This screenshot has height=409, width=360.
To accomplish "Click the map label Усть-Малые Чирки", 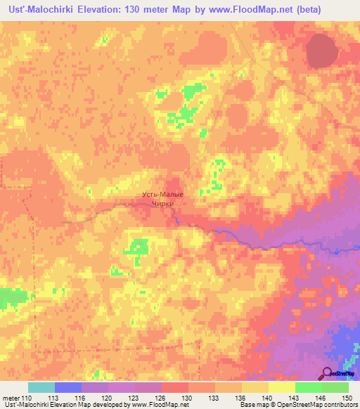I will (x=163, y=199).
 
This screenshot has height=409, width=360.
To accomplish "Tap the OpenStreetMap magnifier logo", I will (x=328, y=375).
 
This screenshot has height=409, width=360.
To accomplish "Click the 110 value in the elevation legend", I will (x=27, y=398).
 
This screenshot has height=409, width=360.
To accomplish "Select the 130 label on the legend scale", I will (x=188, y=398).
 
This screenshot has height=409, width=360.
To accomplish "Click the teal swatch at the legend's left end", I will (x=41, y=387).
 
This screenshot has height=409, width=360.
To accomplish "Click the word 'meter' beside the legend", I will (x=10, y=398).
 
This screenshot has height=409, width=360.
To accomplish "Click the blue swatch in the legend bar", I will (x=68, y=387).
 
